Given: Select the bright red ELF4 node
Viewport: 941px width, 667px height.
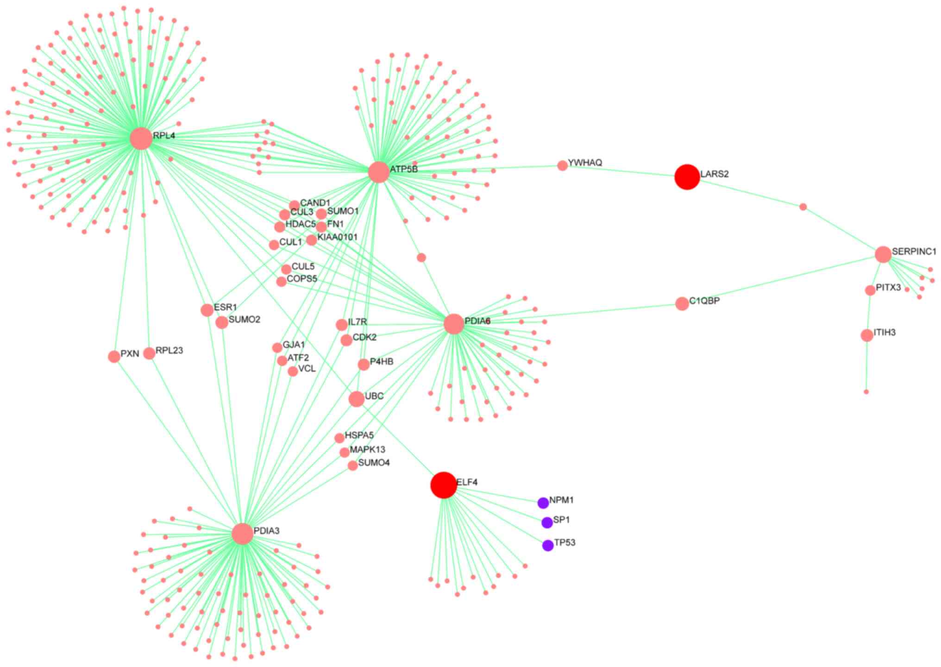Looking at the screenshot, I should (444, 485).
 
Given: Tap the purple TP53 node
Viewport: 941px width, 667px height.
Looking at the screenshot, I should (548, 545).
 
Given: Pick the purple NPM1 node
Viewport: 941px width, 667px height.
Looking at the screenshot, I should (543, 503).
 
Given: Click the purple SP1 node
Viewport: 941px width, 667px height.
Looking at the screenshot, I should (547, 522).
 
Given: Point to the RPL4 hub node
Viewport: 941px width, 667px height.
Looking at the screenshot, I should (141, 138).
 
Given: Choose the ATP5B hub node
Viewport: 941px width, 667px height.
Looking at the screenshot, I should (379, 172).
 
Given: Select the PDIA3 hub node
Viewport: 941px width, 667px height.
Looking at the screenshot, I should (243, 534).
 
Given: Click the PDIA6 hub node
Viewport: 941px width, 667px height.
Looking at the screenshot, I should (454, 324).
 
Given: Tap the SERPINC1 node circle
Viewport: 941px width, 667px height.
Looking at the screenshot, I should (883, 254).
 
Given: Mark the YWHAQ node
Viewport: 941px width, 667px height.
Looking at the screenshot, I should (562, 165).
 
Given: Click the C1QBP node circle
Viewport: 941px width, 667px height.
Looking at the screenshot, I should (682, 304).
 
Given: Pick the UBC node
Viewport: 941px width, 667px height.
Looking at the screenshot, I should (356, 399).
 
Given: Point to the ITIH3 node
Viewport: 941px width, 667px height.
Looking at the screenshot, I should (867, 335).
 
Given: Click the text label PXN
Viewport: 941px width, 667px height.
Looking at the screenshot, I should (130, 354).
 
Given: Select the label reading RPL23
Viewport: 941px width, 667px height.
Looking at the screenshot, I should (169, 351).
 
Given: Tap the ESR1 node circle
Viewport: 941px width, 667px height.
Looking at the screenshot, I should (207, 310).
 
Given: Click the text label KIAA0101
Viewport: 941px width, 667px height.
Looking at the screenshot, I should (337, 237).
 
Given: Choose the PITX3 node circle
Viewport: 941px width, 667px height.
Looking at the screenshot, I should (870, 290).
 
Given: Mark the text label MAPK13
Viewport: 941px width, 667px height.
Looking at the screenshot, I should (367, 450).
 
